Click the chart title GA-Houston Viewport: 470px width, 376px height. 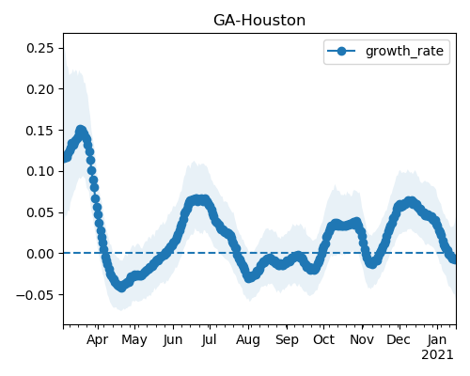tap(259, 21)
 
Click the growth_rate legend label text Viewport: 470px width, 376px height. tap(404, 52)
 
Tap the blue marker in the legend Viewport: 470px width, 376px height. tap(341, 51)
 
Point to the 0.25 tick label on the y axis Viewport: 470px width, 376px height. tap(40, 48)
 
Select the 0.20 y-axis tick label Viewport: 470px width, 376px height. tap(40, 89)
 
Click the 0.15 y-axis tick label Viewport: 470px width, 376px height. tap(40, 131)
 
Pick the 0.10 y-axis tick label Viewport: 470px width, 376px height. tap(40, 171)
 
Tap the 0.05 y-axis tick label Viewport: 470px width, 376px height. tap(40, 212)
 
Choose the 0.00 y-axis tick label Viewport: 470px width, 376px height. tap(40, 254)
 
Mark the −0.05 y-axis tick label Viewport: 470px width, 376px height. tap(35, 295)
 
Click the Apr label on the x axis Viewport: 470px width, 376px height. tap(98, 340)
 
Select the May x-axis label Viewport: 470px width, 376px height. tap(134, 340)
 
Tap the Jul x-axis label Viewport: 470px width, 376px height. tap(209, 339)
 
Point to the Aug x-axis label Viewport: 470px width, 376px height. tap(248, 340)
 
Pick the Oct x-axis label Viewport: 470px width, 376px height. tap(323, 339)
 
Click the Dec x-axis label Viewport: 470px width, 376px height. tap(399, 339)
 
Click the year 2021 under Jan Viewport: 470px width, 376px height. tap(437, 355)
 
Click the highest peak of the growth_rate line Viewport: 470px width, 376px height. tap(81, 130)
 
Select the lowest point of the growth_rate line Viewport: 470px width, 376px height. tap(121, 288)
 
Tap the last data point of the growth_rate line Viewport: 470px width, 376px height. tap(454, 259)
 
